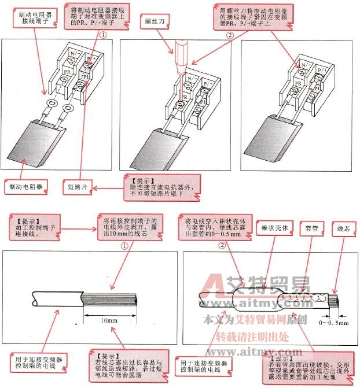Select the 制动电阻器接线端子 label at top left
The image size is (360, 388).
click(x=35, y=20)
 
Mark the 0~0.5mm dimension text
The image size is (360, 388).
click(x=335, y=323)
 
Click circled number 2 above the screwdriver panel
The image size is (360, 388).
click(x=229, y=35)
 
